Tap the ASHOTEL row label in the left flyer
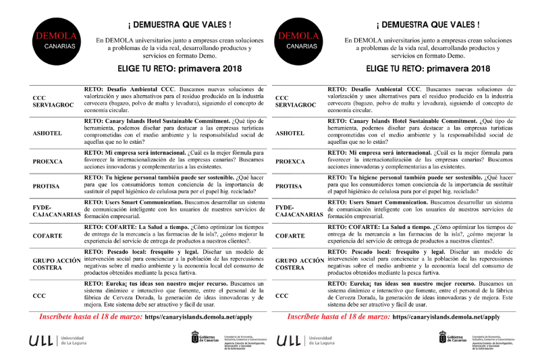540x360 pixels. click(47, 133)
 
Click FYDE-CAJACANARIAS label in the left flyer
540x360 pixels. click(55, 210)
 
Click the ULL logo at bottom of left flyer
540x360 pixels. click(40, 342)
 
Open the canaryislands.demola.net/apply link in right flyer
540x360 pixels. click(445, 316)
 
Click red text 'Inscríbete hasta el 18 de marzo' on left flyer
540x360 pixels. click(90, 316)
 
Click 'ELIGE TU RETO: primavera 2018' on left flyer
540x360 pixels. click(176, 68)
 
